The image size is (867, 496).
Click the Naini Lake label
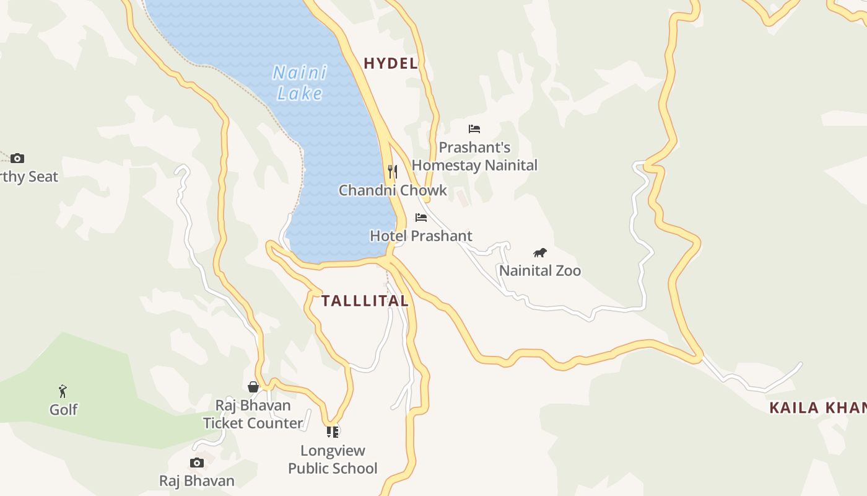point(300,82)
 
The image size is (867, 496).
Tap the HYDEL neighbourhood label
point(390,63)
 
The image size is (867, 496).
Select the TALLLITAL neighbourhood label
point(365,301)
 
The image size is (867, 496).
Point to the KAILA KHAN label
point(817,408)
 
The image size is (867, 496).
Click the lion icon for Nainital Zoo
point(540,252)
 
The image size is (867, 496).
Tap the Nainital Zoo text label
point(540,271)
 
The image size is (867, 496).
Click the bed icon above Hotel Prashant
point(421,218)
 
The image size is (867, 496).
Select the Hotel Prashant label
point(421,236)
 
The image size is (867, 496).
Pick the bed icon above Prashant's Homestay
point(474,129)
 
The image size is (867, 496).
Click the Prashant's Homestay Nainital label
point(474,156)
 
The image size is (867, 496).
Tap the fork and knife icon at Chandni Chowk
point(392,171)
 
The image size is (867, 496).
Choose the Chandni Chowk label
point(393,190)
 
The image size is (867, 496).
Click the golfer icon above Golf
point(63,391)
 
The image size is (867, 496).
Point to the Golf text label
point(63,410)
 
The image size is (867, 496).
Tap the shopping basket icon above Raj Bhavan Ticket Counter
point(253,387)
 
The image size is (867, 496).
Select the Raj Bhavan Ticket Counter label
point(253,414)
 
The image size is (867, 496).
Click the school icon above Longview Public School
point(333,432)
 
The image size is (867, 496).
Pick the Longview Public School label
point(333,459)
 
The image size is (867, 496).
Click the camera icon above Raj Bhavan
point(197,463)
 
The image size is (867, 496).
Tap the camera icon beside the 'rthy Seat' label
point(17,158)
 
